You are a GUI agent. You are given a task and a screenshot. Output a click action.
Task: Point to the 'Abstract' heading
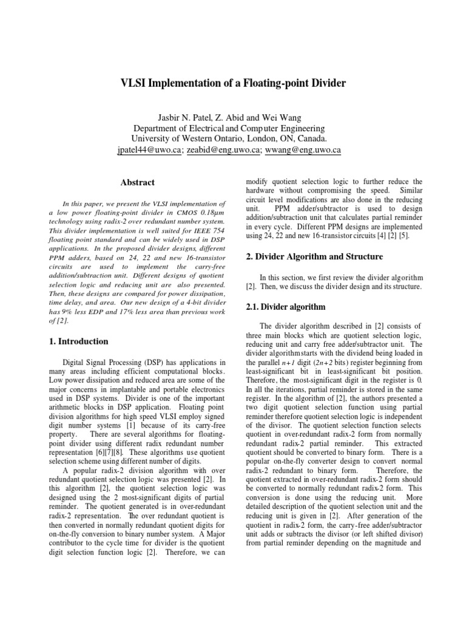pyautogui.click(x=138, y=182)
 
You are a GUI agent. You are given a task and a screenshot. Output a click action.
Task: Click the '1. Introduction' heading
pyautogui.click(x=78, y=341)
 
